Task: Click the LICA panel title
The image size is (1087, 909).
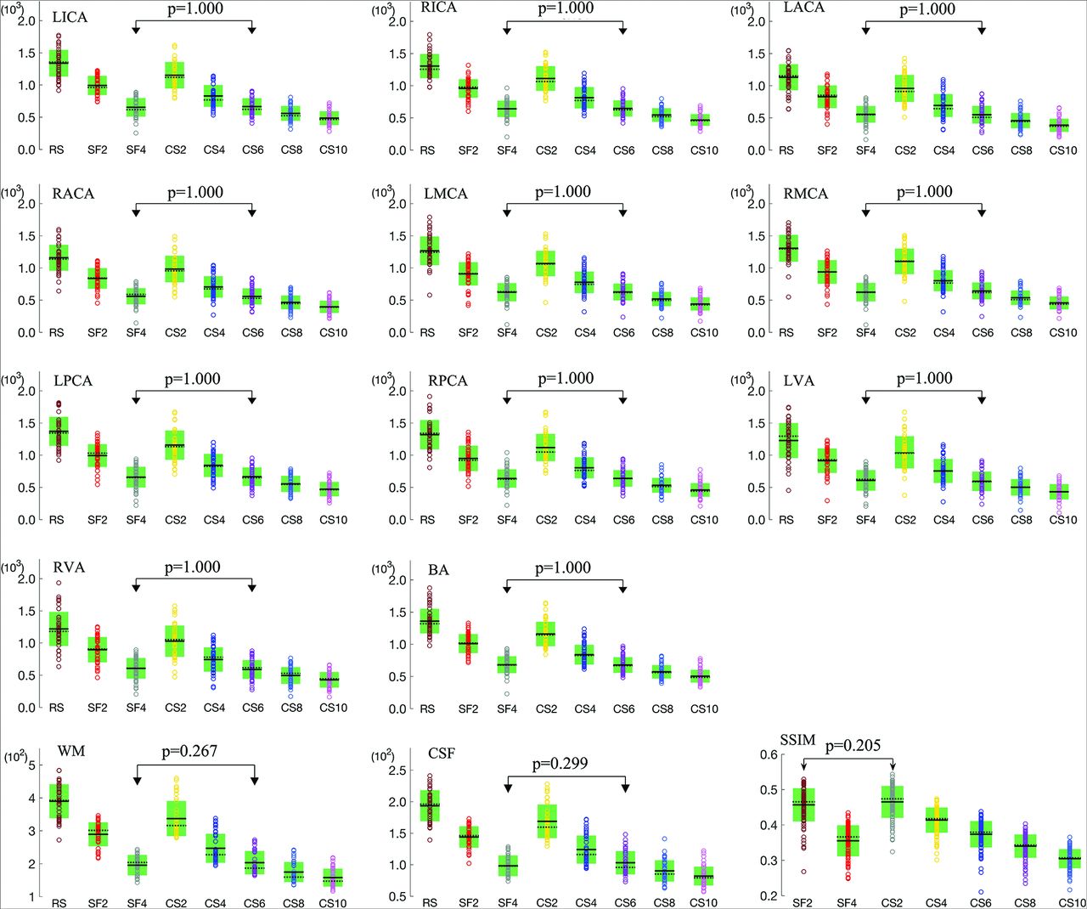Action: [70, 17]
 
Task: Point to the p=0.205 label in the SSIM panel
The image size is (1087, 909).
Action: [853, 745]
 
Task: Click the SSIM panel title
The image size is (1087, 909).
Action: [797, 740]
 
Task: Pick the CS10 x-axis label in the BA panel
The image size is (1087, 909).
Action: [704, 709]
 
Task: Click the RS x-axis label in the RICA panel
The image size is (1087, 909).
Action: [427, 150]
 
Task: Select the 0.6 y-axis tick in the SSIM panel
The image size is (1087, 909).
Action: [768, 754]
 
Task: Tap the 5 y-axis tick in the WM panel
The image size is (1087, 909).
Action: [32, 765]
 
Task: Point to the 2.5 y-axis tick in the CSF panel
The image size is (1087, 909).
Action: [397, 771]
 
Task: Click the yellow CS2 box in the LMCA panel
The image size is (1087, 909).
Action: [546, 268]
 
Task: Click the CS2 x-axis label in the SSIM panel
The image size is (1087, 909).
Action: [892, 902]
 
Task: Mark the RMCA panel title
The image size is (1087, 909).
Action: [805, 194]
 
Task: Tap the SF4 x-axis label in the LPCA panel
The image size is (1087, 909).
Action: [136, 520]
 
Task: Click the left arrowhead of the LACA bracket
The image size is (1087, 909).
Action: [865, 30]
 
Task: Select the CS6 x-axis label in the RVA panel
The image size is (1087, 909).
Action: [253, 708]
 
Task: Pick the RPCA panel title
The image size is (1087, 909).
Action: [448, 381]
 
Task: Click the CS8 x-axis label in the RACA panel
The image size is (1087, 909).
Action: [291, 333]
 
